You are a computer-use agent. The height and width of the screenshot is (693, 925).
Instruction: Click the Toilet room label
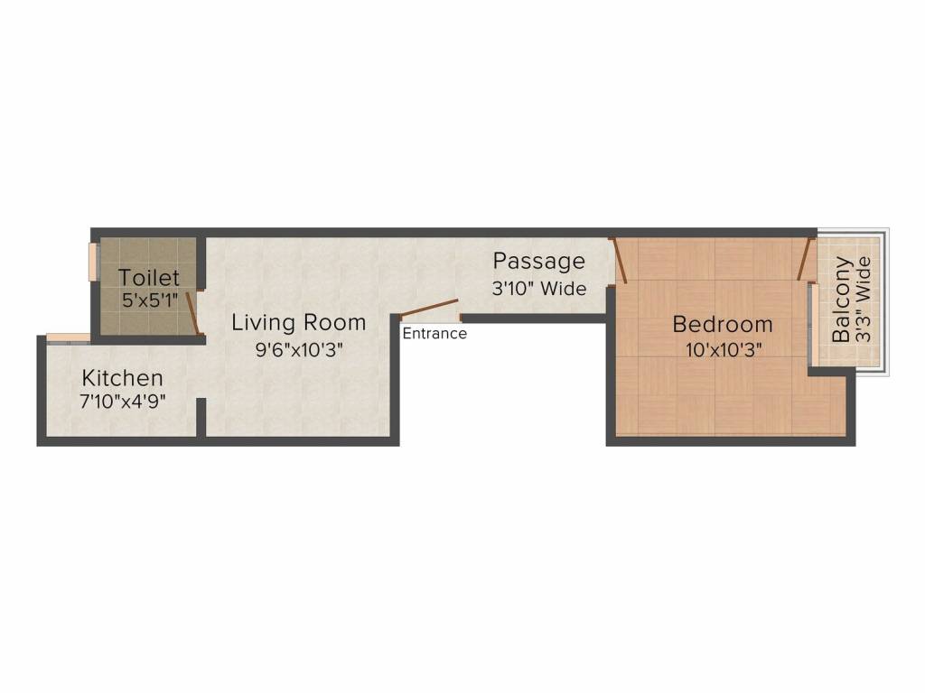click(149, 277)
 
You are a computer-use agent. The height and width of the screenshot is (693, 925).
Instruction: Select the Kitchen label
click(123, 378)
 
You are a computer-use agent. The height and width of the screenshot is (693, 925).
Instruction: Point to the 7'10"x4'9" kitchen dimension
click(123, 400)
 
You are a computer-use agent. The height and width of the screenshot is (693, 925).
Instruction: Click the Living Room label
click(298, 322)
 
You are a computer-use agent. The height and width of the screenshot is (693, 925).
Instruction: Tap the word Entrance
click(434, 334)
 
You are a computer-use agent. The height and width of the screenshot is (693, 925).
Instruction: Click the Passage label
click(538, 262)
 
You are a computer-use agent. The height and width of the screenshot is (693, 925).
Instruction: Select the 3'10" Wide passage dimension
click(539, 289)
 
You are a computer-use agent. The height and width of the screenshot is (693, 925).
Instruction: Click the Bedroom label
click(723, 324)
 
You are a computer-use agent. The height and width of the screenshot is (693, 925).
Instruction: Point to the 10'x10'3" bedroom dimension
click(723, 350)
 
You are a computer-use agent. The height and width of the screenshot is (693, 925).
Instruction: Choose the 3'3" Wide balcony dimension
click(864, 299)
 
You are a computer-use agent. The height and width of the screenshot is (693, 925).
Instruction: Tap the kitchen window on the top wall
click(68, 338)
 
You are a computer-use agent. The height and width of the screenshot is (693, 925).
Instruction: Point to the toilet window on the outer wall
click(92, 261)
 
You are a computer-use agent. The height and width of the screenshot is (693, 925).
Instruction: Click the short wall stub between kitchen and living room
click(201, 418)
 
